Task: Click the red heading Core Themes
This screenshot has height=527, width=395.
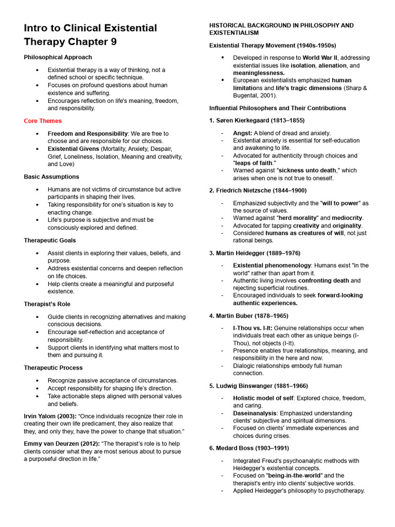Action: (43, 121)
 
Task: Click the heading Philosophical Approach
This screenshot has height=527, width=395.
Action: (58, 57)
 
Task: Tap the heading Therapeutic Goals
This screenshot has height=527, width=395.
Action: (50, 240)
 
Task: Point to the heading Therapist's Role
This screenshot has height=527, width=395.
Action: (47, 304)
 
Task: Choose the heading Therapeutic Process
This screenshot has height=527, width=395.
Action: (53, 367)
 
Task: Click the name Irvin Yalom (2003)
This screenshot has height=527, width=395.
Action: (50, 416)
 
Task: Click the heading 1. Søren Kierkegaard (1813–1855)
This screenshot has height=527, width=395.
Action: (257, 120)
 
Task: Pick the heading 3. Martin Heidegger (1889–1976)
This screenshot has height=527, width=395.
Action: (255, 253)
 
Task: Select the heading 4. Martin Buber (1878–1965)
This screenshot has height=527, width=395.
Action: (248, 315)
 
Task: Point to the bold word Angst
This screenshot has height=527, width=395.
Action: (242, 133)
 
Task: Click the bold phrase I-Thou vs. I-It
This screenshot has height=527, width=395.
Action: (252, 328)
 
